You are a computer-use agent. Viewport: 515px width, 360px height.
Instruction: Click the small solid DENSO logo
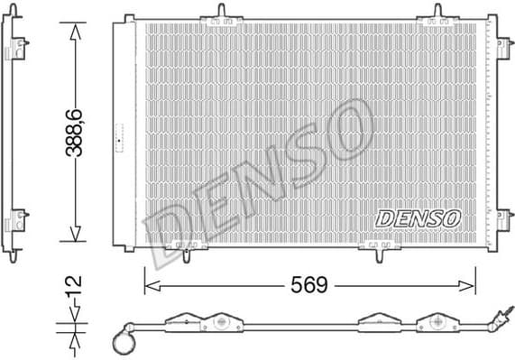tap(418, 217)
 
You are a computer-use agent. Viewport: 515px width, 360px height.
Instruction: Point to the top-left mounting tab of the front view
tap(221, 13)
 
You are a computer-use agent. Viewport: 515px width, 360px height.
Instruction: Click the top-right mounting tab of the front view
tap(438, 13)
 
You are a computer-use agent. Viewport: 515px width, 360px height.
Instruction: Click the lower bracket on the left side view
tap(17, 220)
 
